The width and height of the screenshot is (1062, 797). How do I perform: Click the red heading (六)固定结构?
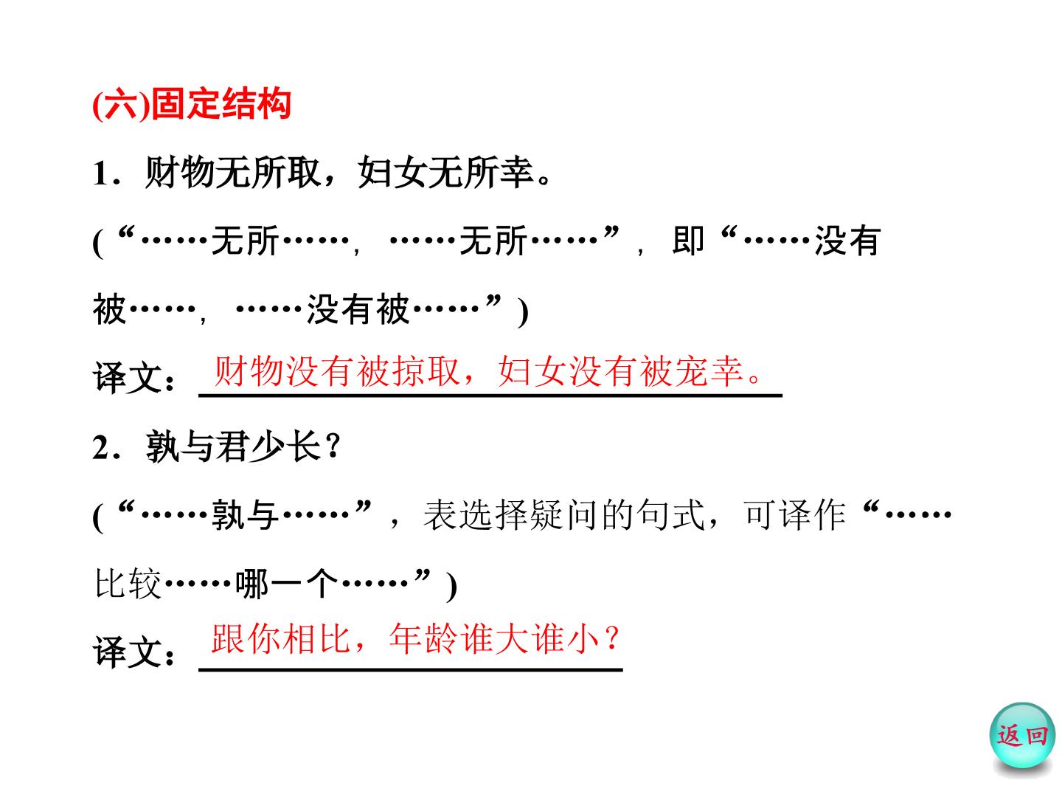click(192, 105)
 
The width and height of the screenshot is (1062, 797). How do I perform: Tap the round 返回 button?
click(1022, 736)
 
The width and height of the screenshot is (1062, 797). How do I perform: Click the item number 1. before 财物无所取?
click(106, 173)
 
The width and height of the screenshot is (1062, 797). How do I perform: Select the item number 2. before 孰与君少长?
click(106, 448)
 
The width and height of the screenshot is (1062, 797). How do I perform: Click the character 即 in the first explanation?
click(687, 241)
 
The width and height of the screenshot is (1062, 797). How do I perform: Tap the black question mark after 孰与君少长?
click(333, 448)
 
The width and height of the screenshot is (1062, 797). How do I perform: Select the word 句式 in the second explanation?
click(670, 515)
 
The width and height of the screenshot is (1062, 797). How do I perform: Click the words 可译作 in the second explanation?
click(794, 515)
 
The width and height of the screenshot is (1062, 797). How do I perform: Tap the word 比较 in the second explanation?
click(128, 584)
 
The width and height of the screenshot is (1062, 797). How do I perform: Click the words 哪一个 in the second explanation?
click(286, 584)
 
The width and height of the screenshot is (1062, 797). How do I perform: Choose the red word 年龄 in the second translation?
click(423, 639)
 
